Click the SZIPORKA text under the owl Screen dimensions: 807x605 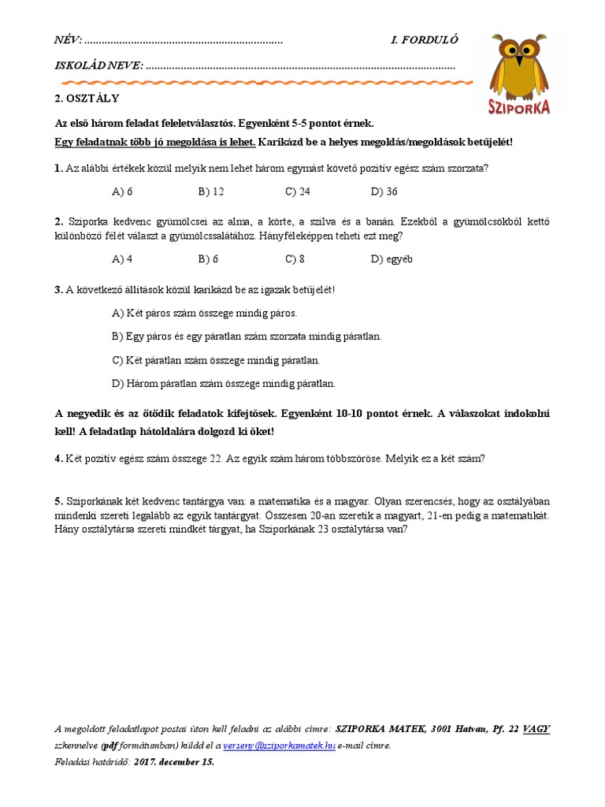[519, 108]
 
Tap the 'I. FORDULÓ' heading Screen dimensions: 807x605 [424, 40]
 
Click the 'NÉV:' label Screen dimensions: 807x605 [68, 40]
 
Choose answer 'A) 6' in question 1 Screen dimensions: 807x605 [123, 192]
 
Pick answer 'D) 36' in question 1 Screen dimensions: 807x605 [384, 192]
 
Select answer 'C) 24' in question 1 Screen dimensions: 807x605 [298, 192]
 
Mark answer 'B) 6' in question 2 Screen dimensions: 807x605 [209, 258]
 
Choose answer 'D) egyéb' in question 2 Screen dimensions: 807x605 [392, 258]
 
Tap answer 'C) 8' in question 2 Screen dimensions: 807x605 [295, 258]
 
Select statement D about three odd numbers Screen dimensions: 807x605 [224, 384]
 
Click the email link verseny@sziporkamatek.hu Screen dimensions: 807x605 [280, 745]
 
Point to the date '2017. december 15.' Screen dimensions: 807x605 [174, 762]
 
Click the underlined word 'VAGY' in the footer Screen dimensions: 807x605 [536, 729]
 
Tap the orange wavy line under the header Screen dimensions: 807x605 [264, 82]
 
